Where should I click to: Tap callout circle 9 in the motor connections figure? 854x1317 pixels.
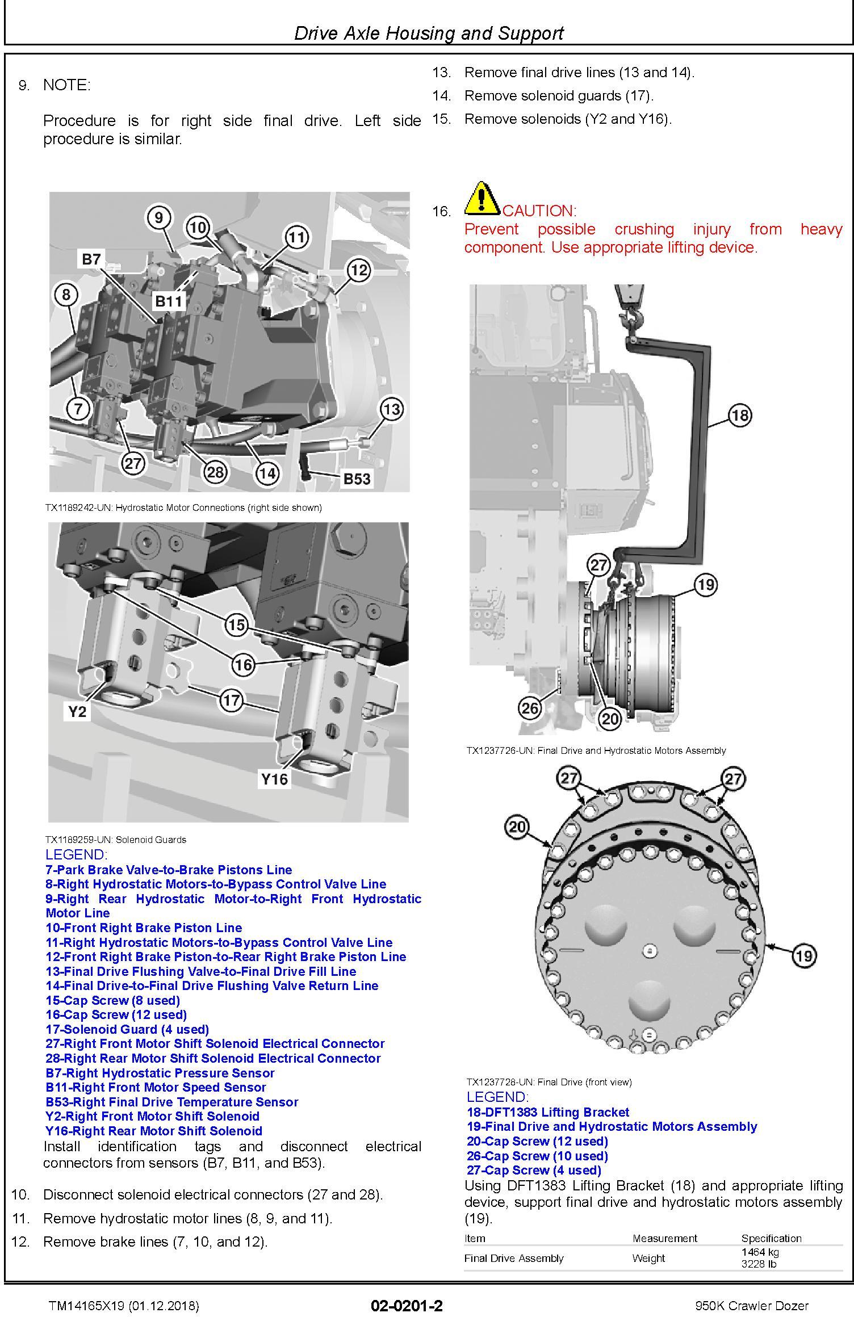pos(158,217)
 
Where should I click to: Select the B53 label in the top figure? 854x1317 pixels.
pos(357,479)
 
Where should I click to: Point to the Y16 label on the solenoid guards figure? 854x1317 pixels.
pos(274,779)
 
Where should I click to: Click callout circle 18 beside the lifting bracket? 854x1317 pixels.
pos(740,415)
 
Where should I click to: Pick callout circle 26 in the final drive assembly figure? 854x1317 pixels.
pos(530,708)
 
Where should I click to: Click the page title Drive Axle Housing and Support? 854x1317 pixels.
pos(429,33)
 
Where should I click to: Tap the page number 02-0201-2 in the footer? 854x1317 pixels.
pos(407,1306)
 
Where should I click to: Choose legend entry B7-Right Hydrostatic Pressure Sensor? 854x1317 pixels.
pos(160,1073)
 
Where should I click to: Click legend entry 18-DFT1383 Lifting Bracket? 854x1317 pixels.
pos(548,1112)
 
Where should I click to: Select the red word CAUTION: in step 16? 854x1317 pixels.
pos(539,211)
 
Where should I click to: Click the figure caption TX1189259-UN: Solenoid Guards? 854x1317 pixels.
pos(116,840)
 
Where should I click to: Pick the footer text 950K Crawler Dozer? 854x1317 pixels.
pos(752,1306)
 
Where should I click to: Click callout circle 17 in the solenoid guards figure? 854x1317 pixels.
pos(231,700)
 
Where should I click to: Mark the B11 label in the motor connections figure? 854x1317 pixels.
pos(169,301)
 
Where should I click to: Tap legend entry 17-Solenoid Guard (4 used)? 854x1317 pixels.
pos(127,1029)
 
